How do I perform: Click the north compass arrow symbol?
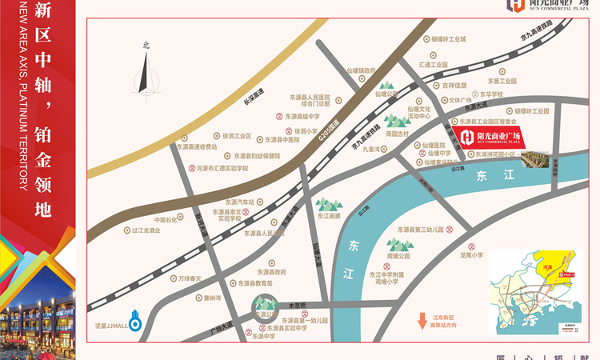(145, 70)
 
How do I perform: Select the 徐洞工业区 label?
(236, 136)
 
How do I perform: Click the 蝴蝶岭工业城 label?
(448, 38)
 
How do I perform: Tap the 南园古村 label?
(397, 134)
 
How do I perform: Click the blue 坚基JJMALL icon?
(135, 324)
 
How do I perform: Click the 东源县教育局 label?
(255, 283)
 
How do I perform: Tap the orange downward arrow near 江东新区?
(422, 322)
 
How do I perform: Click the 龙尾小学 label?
(471, 255)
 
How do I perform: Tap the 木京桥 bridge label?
(286, 305)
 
